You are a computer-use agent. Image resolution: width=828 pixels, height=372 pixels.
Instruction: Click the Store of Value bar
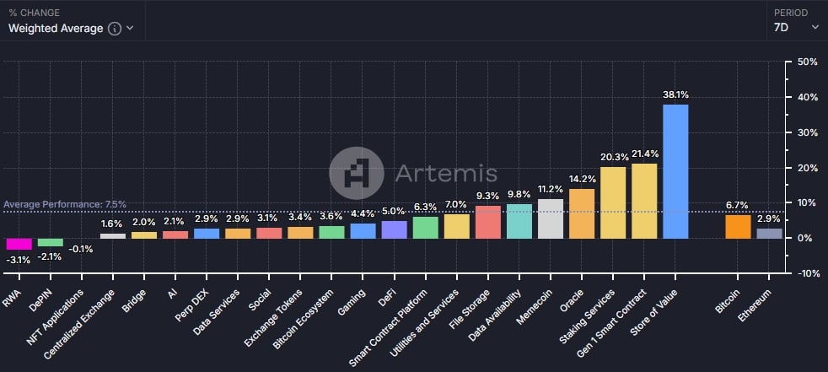[x=675, y=171]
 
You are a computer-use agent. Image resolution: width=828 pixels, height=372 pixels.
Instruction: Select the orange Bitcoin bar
[x=738, y=227]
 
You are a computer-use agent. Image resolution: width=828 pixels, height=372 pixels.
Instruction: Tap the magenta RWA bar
[x=19, y=244]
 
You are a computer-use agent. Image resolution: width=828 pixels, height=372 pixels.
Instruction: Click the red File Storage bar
[x=488, y=222]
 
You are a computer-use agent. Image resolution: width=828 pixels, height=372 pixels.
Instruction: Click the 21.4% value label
[x=644, y=154]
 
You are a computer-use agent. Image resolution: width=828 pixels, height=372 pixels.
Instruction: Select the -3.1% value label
[x=19, y=259]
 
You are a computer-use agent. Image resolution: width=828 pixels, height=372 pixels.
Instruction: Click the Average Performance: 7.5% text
[x=65, y=204]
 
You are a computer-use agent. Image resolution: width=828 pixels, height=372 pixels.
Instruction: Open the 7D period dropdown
[x=795, y=28]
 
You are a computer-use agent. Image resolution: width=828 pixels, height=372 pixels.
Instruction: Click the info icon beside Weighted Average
[x=115, y=28]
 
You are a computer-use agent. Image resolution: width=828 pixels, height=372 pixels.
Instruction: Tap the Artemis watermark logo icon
[x=356, y=175]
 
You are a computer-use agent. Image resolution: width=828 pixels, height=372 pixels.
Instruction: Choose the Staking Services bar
[x=613, y=202]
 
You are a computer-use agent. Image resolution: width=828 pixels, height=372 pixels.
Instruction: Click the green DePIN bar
[x=50, y=242]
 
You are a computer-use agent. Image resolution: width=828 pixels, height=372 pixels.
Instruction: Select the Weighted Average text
[x=56, y=28]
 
